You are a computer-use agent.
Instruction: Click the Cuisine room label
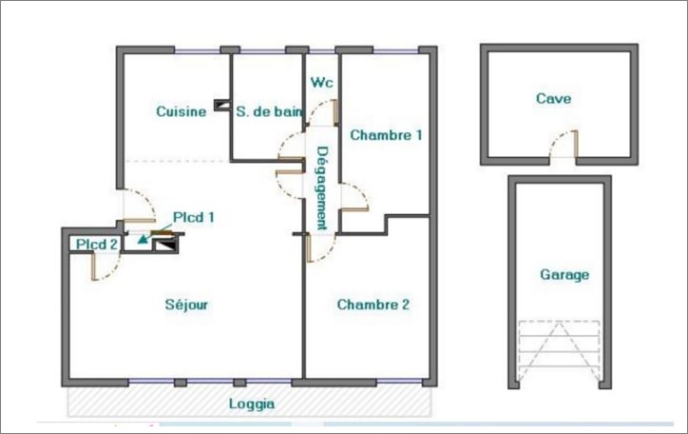(x=181, y=111)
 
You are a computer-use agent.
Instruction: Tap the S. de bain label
(x=269, y=111)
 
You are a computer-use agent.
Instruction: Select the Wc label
(x=322, y=83)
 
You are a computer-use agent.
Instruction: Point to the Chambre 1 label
(x=386, y=135)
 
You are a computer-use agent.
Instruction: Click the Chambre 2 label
(x=373, y=305)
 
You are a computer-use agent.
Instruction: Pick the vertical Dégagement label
(x=322, y=187)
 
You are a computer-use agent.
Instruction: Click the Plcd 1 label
(x=193, y=217)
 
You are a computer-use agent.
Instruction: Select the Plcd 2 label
(x=97, y=245)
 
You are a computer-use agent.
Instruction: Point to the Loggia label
(x=252, y=404)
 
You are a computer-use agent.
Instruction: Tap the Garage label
(x=564, y=275)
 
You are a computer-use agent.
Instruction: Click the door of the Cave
(x=564, y=148)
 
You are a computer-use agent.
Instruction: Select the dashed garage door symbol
(x=559, y=352)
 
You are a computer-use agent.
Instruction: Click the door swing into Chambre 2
(x=321, y=249)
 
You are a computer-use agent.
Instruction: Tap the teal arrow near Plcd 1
(x=143, y=240)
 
